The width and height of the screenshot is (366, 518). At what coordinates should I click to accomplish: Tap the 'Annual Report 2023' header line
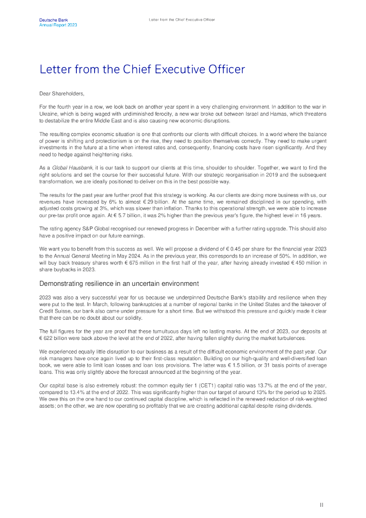pos(58,25)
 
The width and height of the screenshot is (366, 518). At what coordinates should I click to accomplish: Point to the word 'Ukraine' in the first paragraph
pos(48,114)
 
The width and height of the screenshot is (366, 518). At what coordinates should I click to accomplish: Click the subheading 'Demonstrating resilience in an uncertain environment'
pos(119,283)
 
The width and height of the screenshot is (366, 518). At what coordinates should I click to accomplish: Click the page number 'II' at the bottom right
pos(322,504)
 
